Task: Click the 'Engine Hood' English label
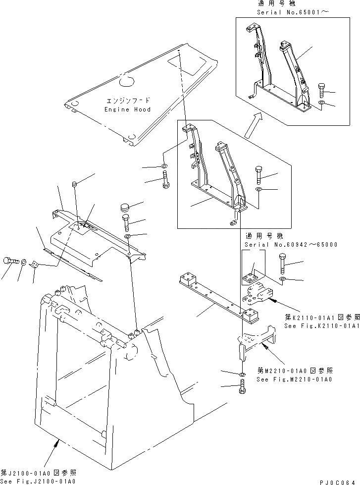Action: pos(127,109)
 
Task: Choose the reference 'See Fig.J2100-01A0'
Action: pos(38,481)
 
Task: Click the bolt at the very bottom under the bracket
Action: pos(242,389)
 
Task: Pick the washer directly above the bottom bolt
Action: pos(241,374)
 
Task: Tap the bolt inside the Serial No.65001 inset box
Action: pos(320,90)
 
